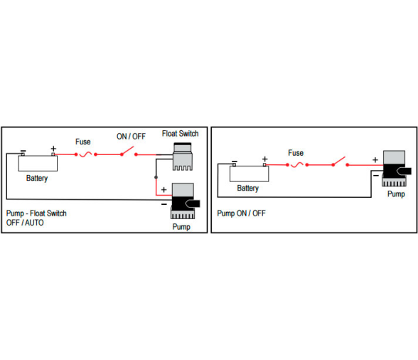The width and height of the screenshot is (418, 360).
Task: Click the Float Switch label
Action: click(181, 134)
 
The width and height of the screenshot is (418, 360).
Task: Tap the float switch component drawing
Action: click(183, 157)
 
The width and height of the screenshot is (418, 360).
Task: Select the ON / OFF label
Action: click(131, 137)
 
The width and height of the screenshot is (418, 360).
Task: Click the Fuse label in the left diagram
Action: click(83, 142)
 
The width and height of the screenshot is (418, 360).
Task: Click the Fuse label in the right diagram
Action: click(296, 153)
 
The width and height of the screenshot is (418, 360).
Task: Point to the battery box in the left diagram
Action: click(38, 164)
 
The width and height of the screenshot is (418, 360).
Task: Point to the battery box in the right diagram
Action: click(250, 174)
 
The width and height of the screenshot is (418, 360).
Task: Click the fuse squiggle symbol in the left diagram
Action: click(85, 154)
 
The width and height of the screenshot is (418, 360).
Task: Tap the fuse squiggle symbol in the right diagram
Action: click(297, 165)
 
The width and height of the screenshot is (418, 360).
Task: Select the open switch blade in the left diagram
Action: click(128, 151)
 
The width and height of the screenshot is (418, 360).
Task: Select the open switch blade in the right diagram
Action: click(339, 161)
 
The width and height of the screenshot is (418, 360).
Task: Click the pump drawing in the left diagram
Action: click(185, 201)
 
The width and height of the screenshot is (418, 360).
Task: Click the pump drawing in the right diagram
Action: click(396, 169)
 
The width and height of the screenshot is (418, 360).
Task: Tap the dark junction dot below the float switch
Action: click(156, 177)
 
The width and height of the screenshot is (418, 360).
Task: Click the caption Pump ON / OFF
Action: click(241, 213)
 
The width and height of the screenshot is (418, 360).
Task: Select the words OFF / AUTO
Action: click(25, 223)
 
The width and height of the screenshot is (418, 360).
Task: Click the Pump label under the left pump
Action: click(181, 227)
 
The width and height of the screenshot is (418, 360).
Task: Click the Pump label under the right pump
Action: click(396, 194)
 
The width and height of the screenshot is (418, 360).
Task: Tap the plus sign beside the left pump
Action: click(164, 190)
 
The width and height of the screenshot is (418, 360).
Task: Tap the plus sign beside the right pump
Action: click(375, 160)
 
